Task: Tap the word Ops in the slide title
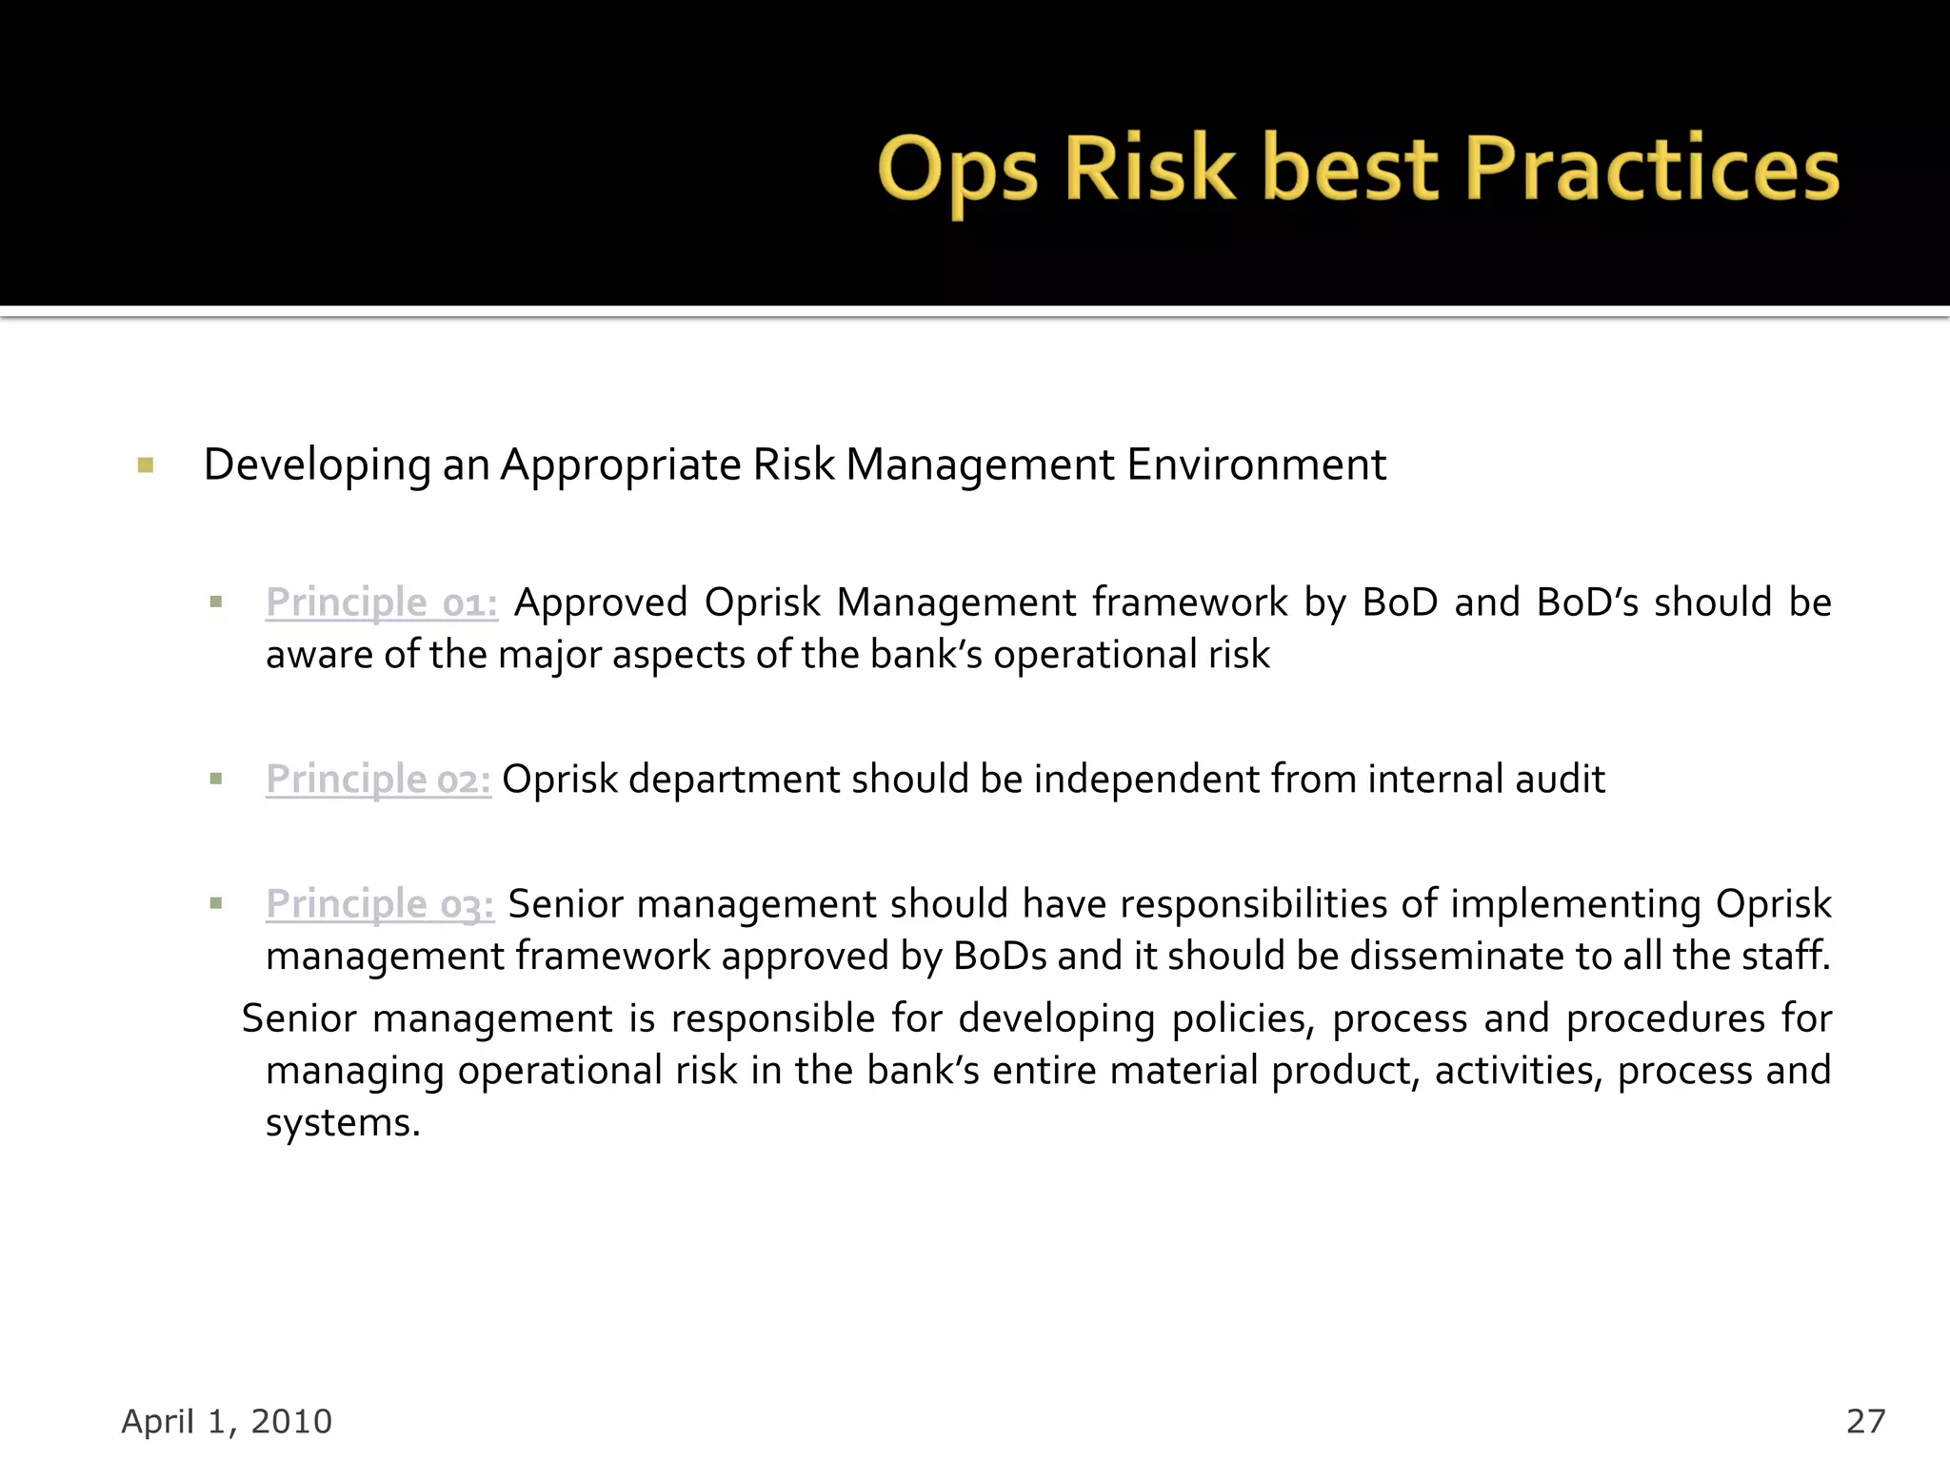(957, 171)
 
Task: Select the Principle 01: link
(381, 603)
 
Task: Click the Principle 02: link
(378, 780)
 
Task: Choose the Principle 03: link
(380, 904)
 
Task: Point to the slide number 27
(1865, 1421)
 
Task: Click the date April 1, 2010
(227, 1421)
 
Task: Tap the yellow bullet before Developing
(146, 465)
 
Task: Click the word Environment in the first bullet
(1256, 465)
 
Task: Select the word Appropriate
(621, 465)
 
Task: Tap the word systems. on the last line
(343, 1123)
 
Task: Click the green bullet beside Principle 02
(216, 779)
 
